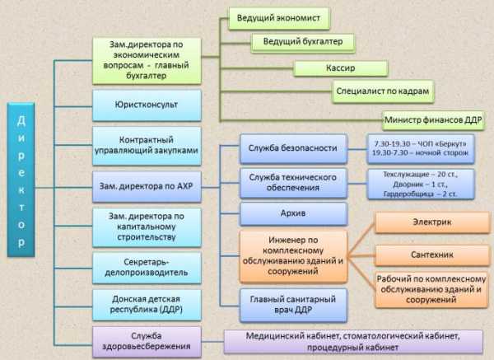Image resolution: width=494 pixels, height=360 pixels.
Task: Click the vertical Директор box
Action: (x=21, y=177)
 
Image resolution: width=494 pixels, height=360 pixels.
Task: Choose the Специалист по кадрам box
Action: (x=384, y=90)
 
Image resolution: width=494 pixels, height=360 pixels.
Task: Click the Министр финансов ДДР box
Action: (x=433, y=119)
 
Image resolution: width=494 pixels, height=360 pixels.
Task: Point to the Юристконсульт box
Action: (x=147, y=105)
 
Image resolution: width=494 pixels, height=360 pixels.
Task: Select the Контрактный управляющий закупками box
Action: (x=147, y=145)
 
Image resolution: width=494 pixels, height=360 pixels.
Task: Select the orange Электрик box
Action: (x=431, y=223)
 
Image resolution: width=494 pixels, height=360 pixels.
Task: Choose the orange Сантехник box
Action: (x=431, y=255)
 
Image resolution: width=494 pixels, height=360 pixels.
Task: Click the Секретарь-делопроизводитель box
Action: (x=147, y=265)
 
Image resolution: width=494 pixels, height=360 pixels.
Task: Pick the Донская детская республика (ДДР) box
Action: (x=147, y=303)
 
